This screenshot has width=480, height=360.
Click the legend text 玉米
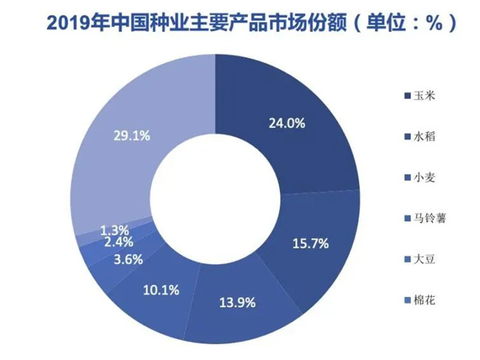pyautogui.click(x=425, y=97)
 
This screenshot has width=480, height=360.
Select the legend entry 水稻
pyautogui.click(x=425, y=137)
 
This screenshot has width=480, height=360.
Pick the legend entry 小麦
pyautogui.click(x=425, y=177)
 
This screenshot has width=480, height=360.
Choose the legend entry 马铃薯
pyautogui.click(x=430, y=218)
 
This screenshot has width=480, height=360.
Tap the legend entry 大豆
pyautogui.click(x=425, y=259)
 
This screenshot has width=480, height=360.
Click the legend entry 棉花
pyautogui.click(x=425, y=299)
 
